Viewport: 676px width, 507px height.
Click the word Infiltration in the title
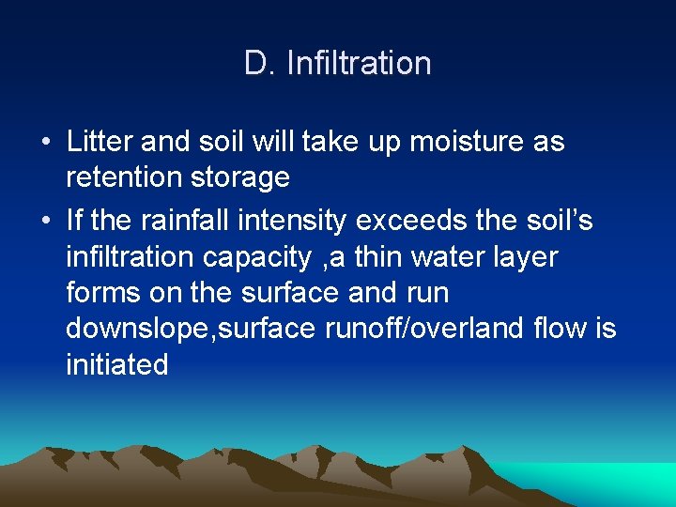click(x=359, y=64)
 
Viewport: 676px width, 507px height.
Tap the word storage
click(x=243, y=178)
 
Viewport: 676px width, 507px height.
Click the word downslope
click(x=138, y=329)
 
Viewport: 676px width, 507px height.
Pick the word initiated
click(x=117, y=364)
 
